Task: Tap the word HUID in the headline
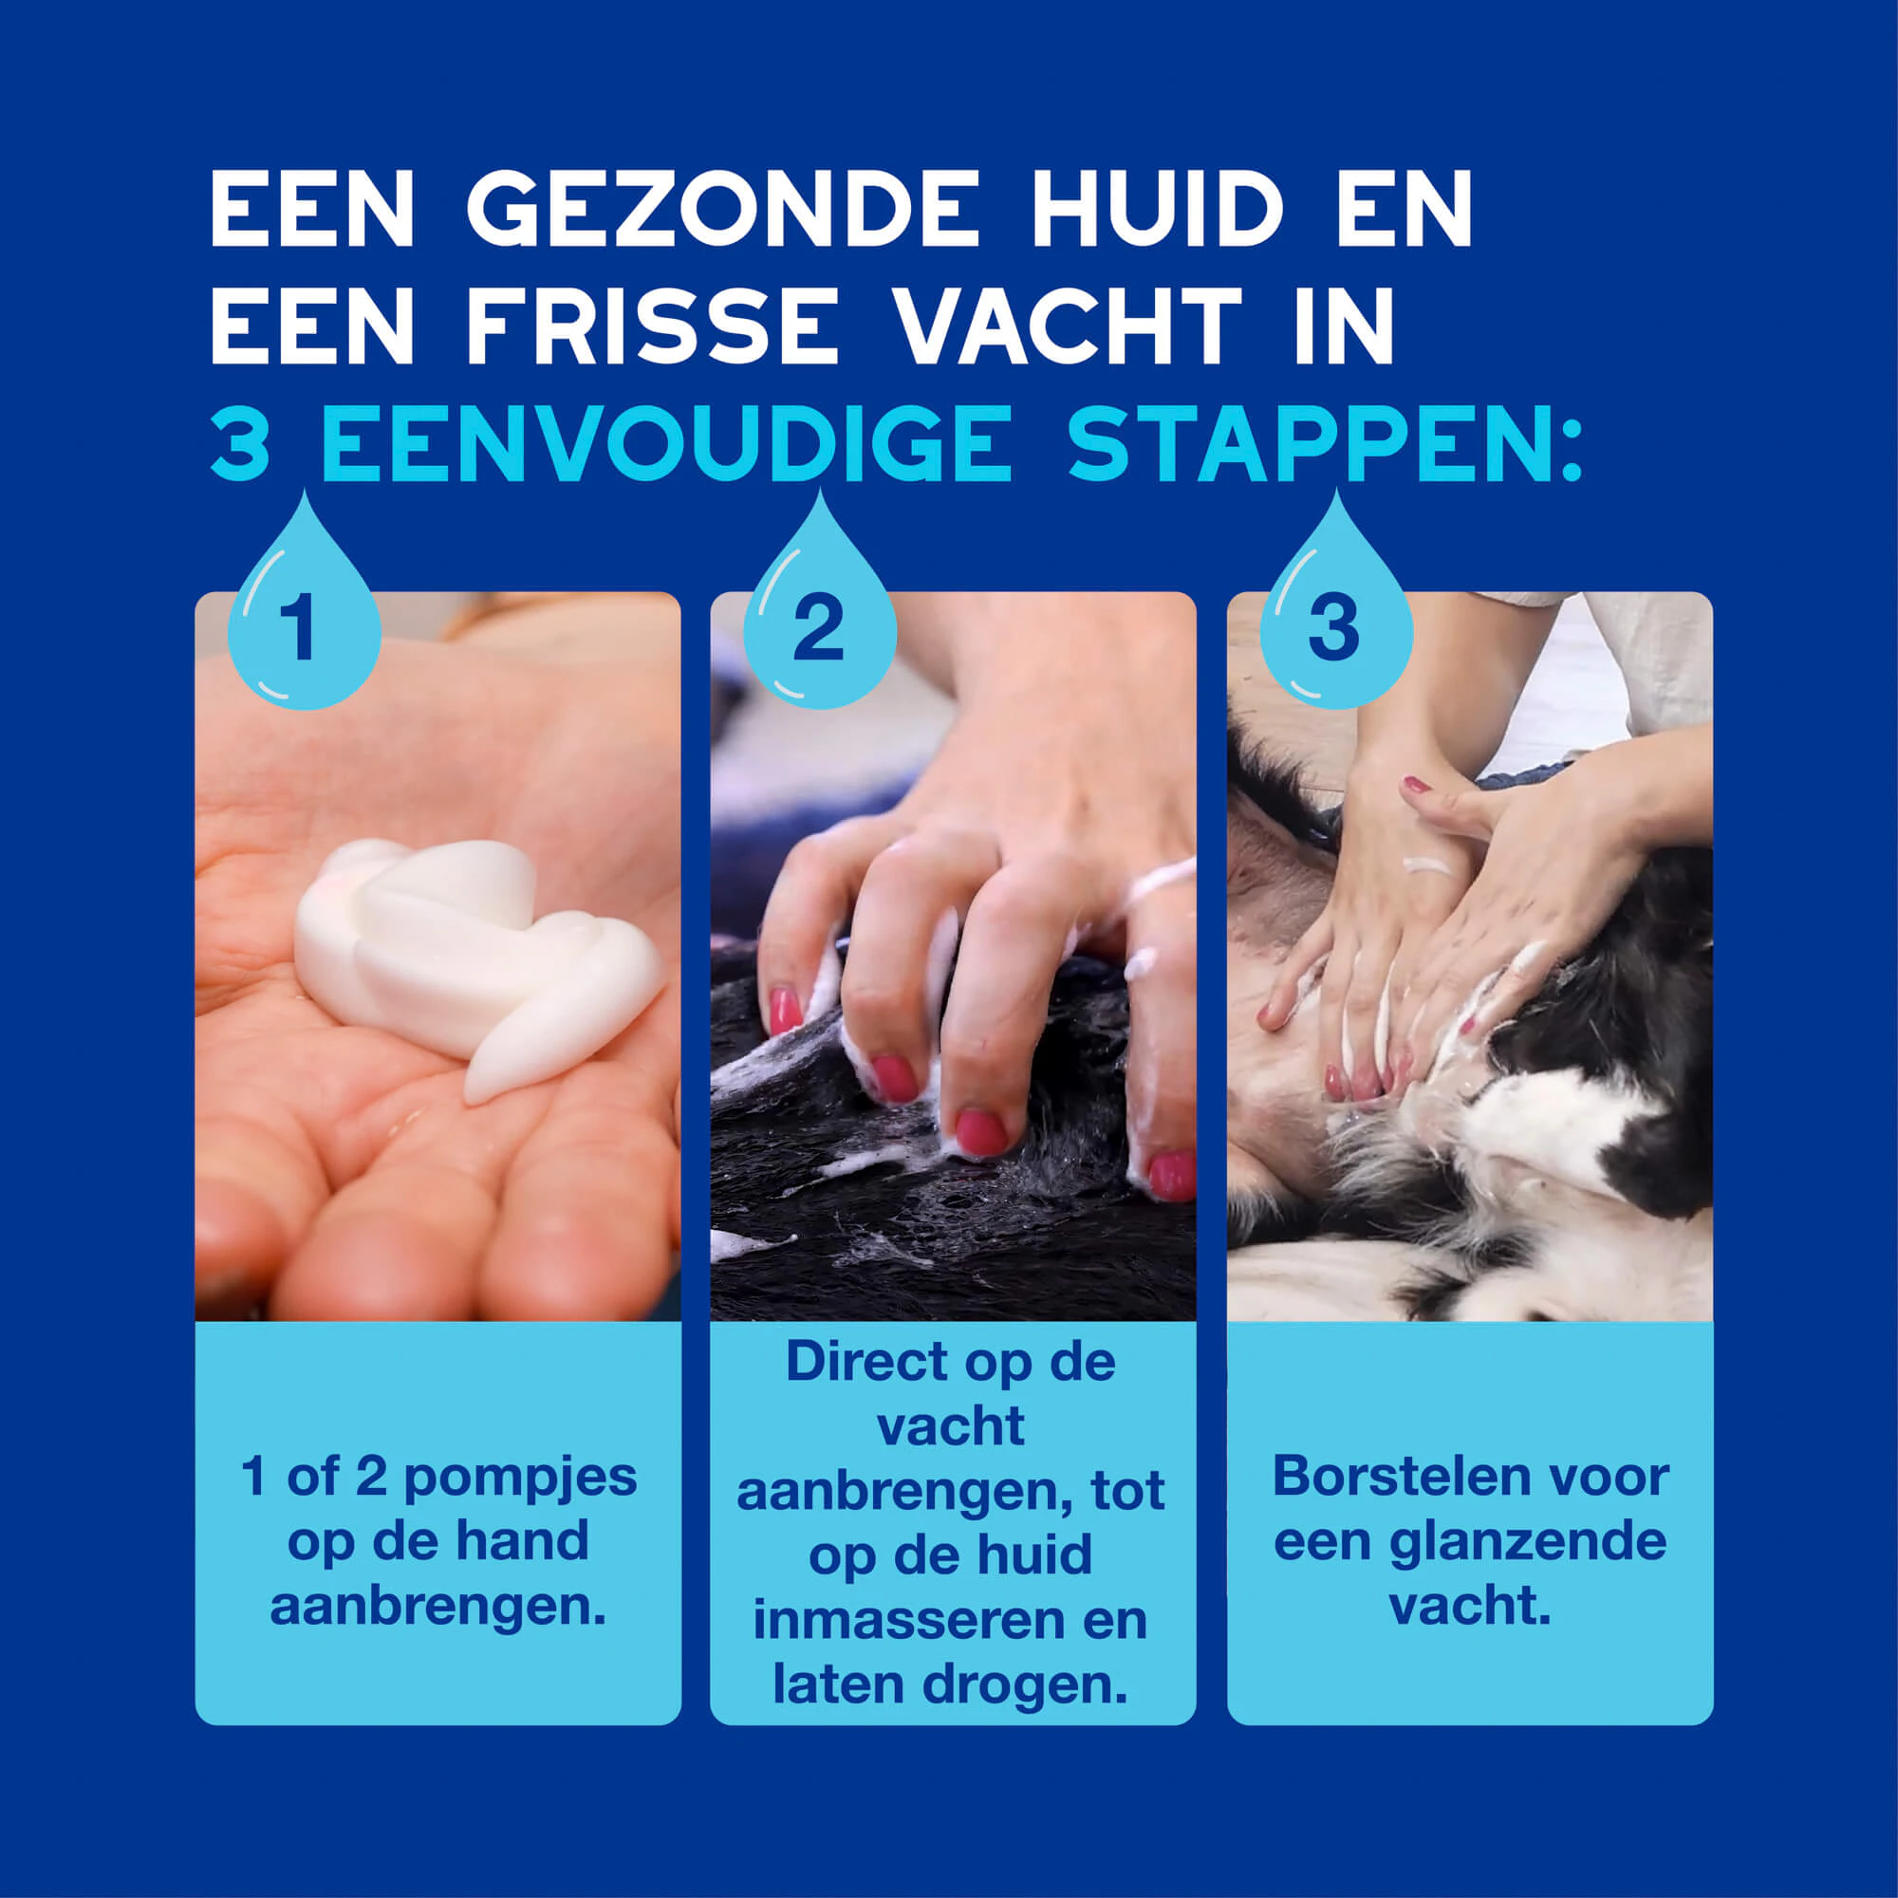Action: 1157,209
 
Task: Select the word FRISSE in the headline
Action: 651,326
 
